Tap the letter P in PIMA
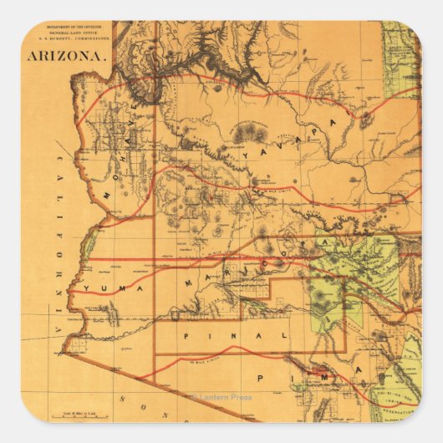click(x=262, y=378)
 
